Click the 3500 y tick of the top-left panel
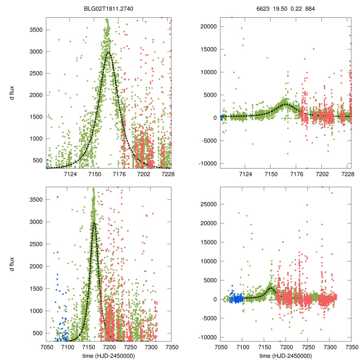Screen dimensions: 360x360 (36, 30)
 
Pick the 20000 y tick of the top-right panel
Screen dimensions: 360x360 (208, 26)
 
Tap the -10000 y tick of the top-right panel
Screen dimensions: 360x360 (207, 163)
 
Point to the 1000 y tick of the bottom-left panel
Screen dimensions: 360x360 (36, 311)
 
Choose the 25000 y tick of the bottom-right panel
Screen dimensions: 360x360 (208, 204)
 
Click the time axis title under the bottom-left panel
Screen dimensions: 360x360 (109, 355)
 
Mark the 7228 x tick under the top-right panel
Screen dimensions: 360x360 (348, 174)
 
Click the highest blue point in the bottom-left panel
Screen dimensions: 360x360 (57, 197)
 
